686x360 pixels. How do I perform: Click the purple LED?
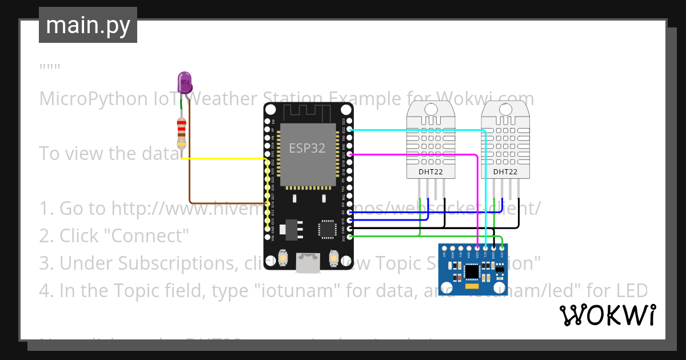[x=185, y=83]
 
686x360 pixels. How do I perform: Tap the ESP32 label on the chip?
[x=307, y=148]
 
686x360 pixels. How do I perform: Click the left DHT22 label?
[x=431, y=171]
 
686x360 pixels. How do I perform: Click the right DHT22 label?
[x=505, y=171]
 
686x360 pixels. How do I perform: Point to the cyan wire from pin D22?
[x=417, y=130]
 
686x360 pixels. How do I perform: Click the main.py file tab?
[x=88, y=25]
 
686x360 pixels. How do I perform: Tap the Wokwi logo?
[x=607, y=315]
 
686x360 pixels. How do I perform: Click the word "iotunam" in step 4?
[x=291, y=291]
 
